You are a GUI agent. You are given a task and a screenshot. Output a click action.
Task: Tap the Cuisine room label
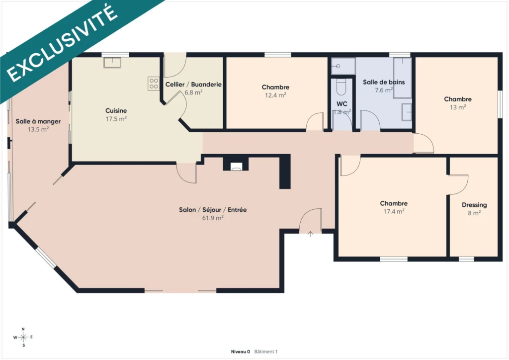pos(116,111)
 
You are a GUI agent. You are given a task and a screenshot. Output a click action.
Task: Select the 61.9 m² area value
pos(213,218)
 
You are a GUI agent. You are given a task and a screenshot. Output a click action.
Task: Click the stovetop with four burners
pos(154,84)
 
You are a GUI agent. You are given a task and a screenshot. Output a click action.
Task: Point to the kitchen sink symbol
pos(112,63)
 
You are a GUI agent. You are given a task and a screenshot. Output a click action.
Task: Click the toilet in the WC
pos(341,87)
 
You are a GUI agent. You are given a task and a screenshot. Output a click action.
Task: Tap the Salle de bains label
pos(384,82)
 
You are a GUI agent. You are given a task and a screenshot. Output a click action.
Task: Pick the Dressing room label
pos(474,205)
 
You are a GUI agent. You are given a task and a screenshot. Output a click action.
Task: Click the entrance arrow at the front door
pos(310,234)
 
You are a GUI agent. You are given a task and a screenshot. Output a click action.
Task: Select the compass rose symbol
pos(23,337)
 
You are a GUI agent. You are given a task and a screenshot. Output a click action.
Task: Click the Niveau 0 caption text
pos(240,352)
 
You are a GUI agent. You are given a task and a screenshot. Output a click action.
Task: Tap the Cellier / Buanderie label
pos(193,85)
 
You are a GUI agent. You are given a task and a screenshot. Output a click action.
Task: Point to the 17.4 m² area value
pos(394,211)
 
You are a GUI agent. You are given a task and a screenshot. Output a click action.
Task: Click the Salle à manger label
pos(38,121)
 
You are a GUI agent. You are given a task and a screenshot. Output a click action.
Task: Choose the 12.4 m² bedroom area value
pos(275,95)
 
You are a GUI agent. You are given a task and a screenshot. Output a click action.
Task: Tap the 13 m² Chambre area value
pos(458,107)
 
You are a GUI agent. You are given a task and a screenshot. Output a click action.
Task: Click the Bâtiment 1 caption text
pos(266,352)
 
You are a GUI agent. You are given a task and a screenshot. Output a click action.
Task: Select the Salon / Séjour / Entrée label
pos(213,210)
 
